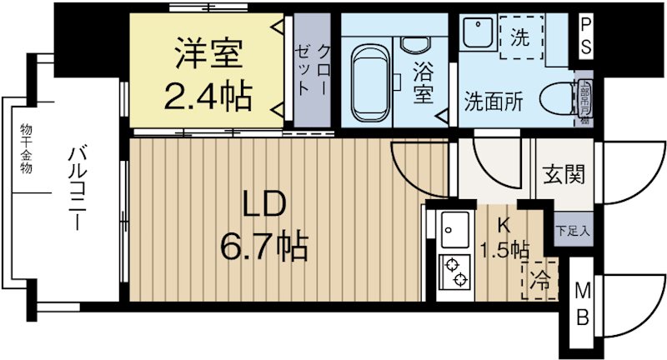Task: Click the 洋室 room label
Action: [208, 55]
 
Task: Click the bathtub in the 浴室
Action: [368, 82]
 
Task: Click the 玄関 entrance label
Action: [564, 175]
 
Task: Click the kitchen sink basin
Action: [454, 227]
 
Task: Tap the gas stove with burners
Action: [455, 272]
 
